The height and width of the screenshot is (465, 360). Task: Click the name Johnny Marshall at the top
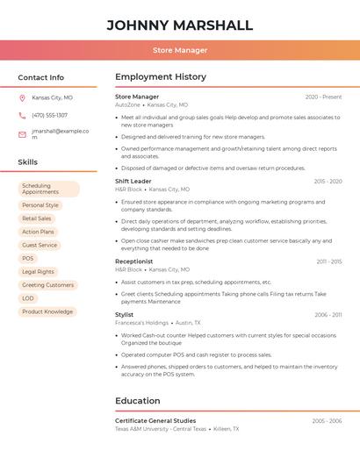pos(179,25)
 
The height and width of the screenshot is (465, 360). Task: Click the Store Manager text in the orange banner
pos(179,50)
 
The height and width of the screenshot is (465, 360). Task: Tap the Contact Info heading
pos(41,77)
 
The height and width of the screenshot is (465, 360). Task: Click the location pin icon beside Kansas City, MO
pos(22,98)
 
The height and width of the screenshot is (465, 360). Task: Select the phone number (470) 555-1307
pos(49,115)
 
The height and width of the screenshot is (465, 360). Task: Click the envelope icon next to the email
pos(22,134)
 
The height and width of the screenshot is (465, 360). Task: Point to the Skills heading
pos(28,162)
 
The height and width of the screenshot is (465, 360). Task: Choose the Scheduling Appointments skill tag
pos(48,189)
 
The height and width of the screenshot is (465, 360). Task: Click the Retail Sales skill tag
pos(37,218)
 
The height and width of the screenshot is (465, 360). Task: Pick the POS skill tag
pos(28,258)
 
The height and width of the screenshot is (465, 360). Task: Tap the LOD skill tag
pos(28,298)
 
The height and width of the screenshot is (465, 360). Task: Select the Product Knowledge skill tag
pos(47,311)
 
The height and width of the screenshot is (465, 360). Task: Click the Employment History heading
pos(161,77)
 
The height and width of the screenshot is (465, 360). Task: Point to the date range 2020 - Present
pos(323,97)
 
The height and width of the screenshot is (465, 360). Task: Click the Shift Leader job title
pos(133,181)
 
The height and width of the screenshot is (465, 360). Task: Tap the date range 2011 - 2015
pos(329,261)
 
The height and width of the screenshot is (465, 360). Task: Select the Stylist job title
pos(125,314)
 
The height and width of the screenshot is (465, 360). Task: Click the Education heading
pos(138,401)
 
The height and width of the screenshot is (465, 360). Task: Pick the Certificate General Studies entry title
pos(155,421)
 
